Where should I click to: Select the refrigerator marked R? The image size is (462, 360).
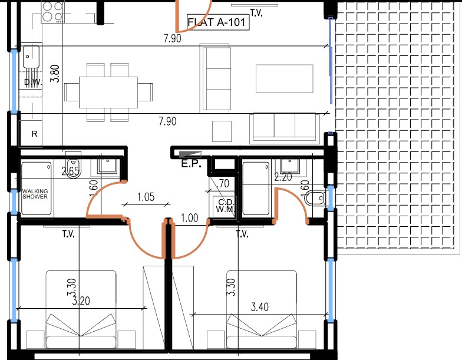34,134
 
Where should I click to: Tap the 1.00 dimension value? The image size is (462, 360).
189,218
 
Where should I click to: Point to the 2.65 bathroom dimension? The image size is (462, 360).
71,172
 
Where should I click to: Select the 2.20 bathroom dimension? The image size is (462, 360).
284,176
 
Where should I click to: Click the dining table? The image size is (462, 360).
108,92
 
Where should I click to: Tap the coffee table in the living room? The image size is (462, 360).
284,79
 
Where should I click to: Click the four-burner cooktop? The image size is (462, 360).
52,12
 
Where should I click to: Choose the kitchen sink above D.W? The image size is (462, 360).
31,58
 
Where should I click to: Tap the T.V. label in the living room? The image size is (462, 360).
256,13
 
